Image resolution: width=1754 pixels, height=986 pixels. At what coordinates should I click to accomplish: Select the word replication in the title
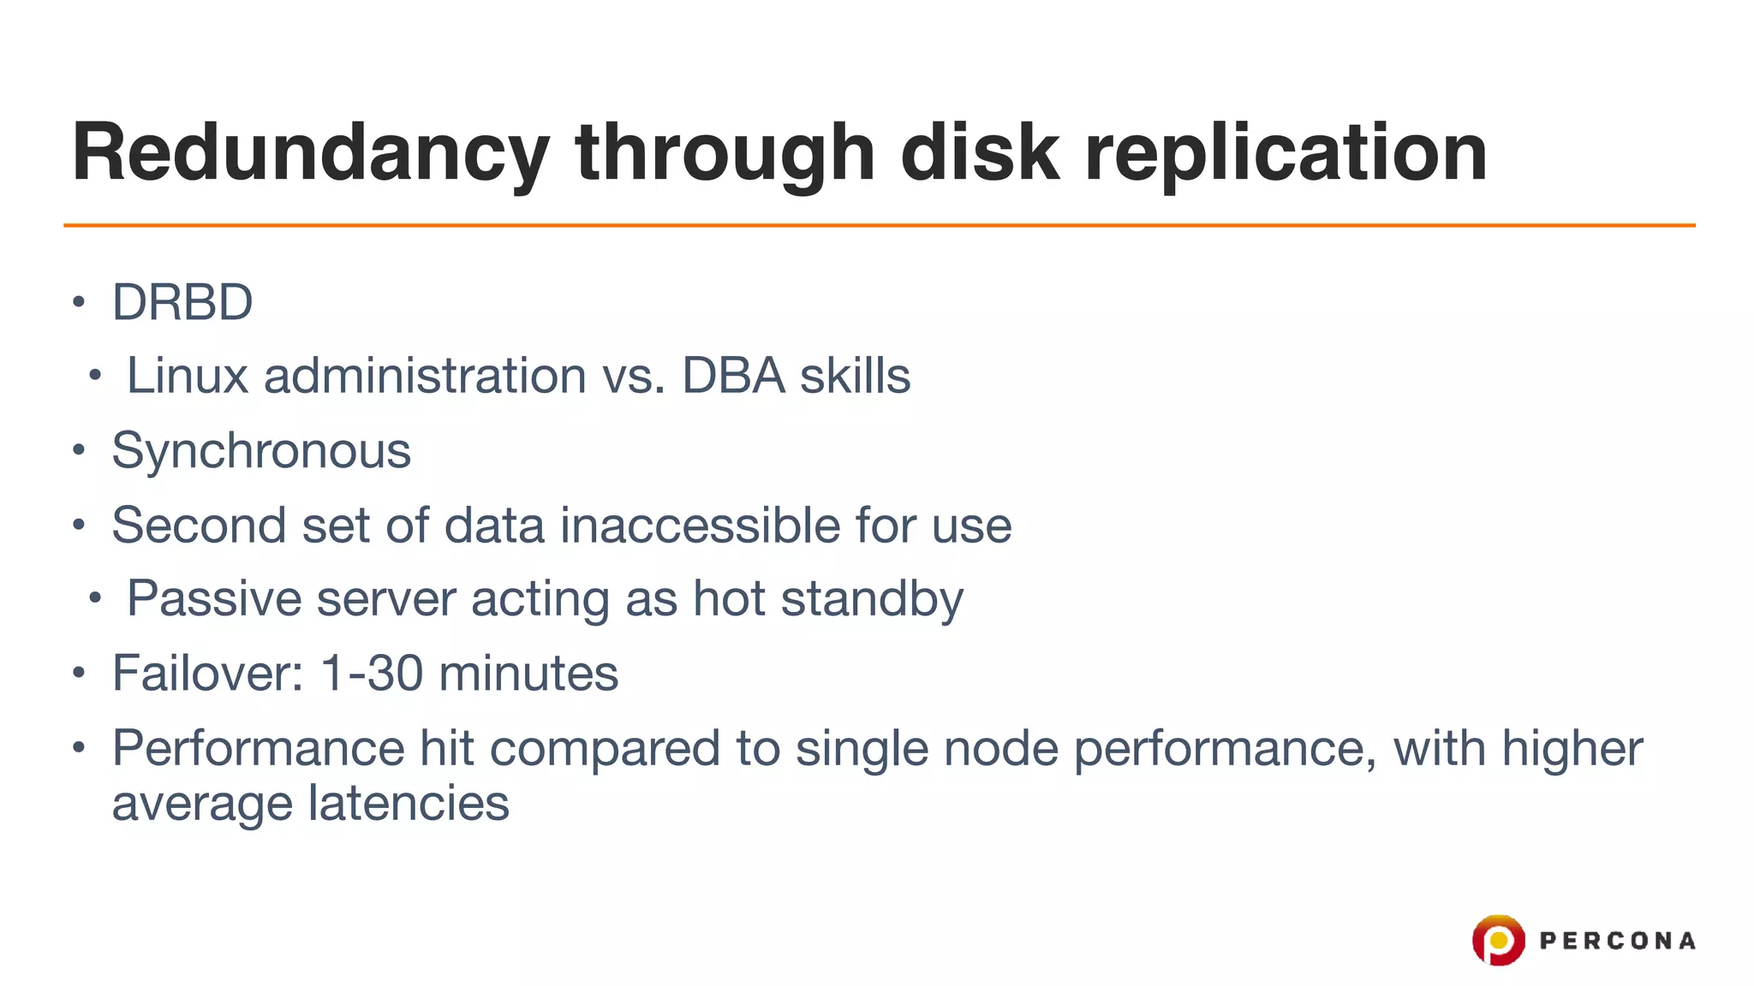tap(1286, 154)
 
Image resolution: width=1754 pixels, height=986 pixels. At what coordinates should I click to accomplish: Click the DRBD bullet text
tap(182, 302)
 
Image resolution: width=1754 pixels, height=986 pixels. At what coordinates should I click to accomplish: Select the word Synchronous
tap(261, 450)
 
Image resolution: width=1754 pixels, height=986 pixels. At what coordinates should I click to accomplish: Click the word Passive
tap(214, 598)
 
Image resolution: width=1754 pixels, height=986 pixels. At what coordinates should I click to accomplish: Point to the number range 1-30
tap(372, 673)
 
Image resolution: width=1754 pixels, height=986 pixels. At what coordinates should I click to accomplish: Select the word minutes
tap(528, 673)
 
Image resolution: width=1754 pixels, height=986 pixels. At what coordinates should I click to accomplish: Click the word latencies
tap(409, 804)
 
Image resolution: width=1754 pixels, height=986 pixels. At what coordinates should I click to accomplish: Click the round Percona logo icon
tap(1498, 940)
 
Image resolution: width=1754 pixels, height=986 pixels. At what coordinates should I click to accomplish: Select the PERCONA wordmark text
tap(1617, 941)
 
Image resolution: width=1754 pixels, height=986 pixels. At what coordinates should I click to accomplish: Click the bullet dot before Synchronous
tap(79, 450)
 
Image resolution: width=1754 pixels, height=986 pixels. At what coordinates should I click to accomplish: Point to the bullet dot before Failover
tap(79, 673)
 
